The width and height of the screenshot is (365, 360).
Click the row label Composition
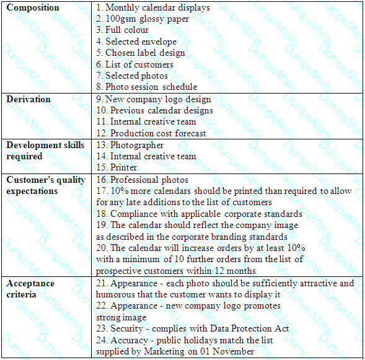[33, 8]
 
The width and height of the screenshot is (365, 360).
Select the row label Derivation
[29, 99]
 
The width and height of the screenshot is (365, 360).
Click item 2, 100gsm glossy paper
[143, 19]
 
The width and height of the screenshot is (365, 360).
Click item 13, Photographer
[130, 145]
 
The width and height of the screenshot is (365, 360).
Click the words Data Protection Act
[254, 328]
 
